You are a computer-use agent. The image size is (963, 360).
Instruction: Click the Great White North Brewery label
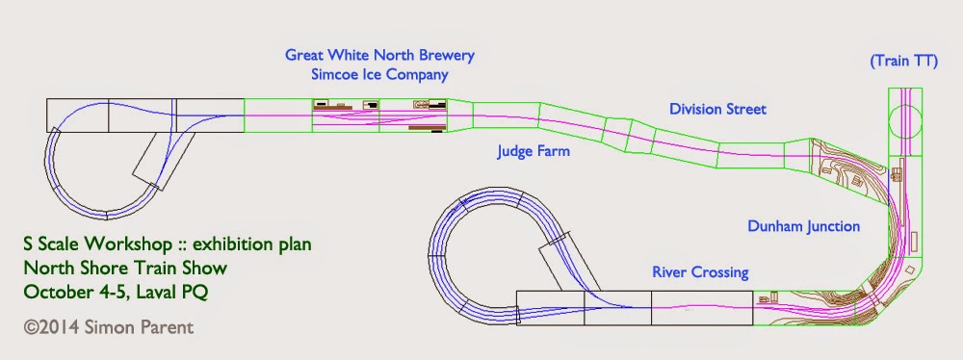[x=379, y=55]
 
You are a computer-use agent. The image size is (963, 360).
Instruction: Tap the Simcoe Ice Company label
[x=379, y=75]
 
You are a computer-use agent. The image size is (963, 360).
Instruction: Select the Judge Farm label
[x=534, y=150]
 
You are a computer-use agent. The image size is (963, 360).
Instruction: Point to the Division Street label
[x=718, y=110]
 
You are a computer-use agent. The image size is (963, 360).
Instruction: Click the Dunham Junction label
[x=803, y=226]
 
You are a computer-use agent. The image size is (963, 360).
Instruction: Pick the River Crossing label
[x=700, y=271]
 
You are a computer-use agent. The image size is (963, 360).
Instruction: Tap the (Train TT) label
[x=904, y=61]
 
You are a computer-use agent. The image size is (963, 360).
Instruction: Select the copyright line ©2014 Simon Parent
[x=109, y=327]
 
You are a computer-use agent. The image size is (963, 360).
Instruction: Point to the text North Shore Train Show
[x=125, y=268]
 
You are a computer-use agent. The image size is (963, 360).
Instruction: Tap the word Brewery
[x=447, y=55]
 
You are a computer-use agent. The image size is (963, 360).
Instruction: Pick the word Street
[x=745, y=110]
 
